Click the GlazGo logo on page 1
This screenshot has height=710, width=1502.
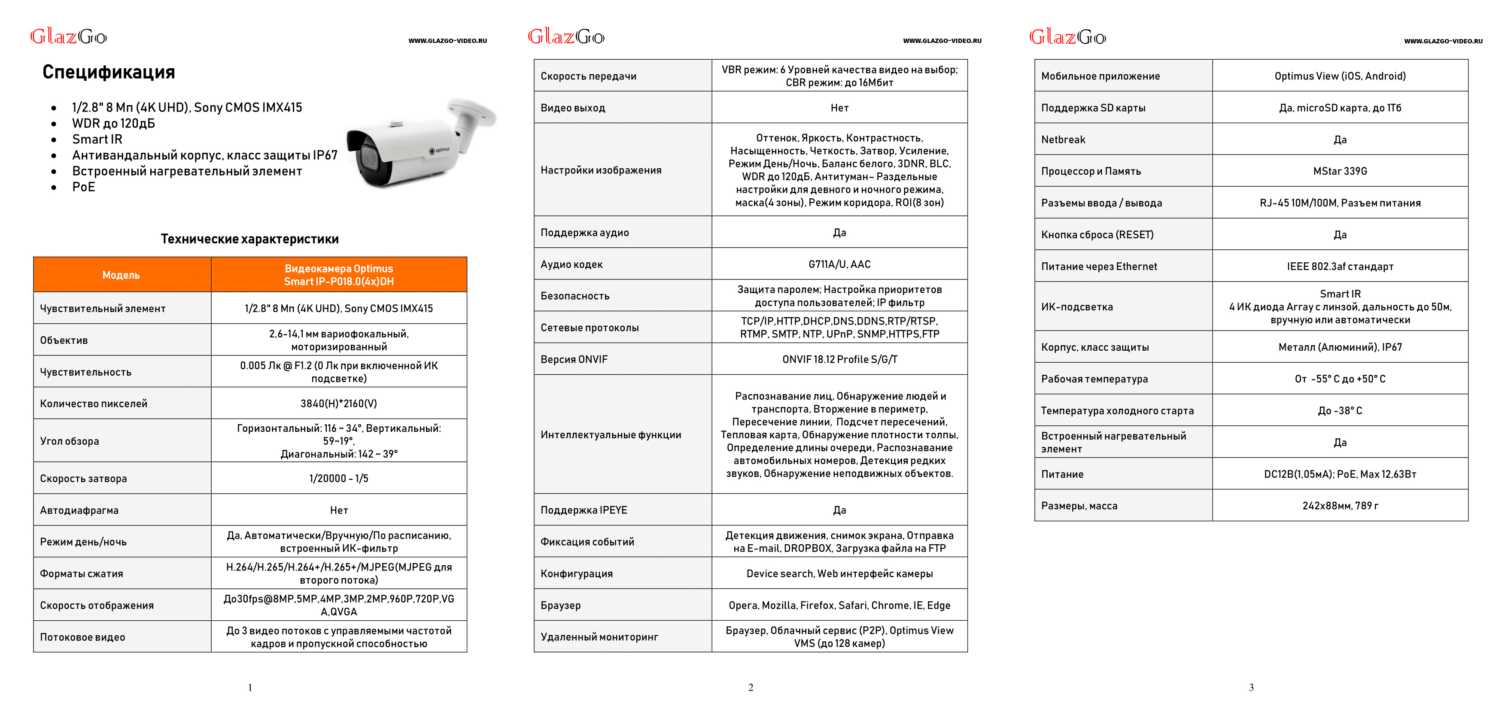click(x=68, y=37)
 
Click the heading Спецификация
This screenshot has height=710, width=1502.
click(x=109, y=72)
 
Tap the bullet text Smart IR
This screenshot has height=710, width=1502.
click(x=97, y=140)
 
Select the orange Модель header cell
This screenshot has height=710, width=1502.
click(x=121, y=275)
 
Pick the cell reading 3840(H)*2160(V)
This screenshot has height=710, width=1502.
click(x=339, y=404)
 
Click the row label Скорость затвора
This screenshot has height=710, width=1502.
click(x=83, y=479)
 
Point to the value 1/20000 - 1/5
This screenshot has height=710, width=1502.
click(x=339, y=479)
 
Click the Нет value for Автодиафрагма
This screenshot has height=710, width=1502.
click(x=339, y=510)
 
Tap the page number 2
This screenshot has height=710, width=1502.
click(x=751, y=688)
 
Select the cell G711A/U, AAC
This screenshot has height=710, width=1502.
click(x=839, y=264)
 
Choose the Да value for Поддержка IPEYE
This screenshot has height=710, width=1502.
click(x=839, y=510)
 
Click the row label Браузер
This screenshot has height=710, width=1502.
click(x=560, y=605)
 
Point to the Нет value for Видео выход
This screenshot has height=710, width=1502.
click(x=839, y=108)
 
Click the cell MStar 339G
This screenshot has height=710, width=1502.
click(x=1340, y=171)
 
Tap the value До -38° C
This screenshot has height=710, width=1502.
click(x=1340, y=411)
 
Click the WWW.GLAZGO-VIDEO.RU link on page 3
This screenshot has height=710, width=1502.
click(x=1443, y=41)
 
